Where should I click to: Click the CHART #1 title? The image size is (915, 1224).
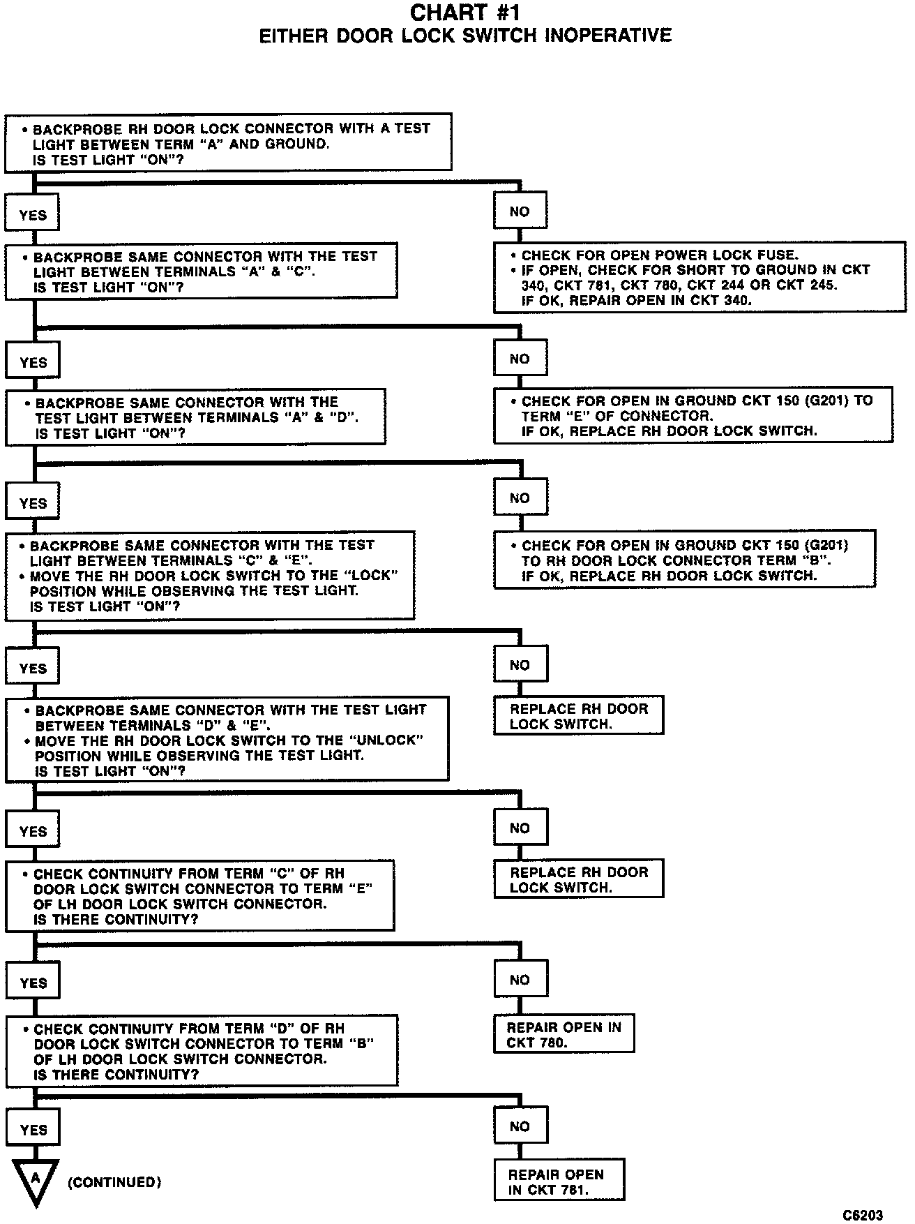[x=465, y=13]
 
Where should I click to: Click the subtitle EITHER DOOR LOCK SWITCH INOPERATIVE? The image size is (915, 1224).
[x=465, y=36]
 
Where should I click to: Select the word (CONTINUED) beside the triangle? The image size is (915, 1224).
[x=114, y=1182]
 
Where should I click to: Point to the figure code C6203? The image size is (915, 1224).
[x=863, y=1215]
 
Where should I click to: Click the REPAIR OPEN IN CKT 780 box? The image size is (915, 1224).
[x=564, y=1034]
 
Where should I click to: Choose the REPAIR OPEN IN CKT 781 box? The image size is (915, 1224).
[x=559, y=1181]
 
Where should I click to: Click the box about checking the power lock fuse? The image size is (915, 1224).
[x=700, y=278]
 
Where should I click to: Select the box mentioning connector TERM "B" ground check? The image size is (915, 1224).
[x=684, y=560]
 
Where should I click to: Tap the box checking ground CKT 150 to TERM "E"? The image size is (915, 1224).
[x=693, y=415]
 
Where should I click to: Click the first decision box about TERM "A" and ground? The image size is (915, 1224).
[x=228, y=143]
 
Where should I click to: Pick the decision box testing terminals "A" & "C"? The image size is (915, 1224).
[x=202, y=271]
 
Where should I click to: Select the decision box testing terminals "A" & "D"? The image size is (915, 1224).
[x=196, y=417]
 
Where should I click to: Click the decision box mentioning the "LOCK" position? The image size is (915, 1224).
[x=210, y=576]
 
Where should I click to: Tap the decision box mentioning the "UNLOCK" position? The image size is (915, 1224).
[x=227, y=740]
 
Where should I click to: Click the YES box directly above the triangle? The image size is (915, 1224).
[x=33, y=1129]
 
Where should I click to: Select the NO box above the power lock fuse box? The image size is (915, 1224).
[x=520, y=211]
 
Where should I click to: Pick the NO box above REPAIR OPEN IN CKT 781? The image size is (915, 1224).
[x=520, y=1126]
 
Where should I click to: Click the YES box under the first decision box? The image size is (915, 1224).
[x=32, y=214]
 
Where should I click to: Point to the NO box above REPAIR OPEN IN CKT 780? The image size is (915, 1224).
[x=520, y=980]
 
